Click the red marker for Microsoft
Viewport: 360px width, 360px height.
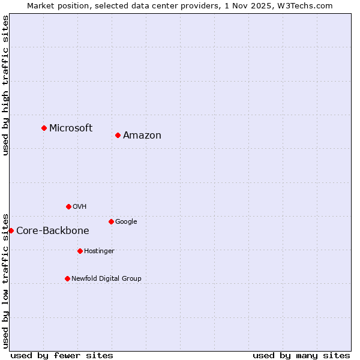click(44, 128)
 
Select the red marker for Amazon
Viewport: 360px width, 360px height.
click(118, 135)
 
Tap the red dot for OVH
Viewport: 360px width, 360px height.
click(68, 206)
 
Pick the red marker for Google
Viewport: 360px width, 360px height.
click(111, 221)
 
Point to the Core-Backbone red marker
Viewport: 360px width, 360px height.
click(11, 230)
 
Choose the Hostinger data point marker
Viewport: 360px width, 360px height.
click(80, 251)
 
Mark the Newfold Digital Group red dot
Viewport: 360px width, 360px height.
click(67, 278)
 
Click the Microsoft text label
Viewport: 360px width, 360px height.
click(71, 128)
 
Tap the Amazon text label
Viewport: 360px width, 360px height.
click(142, 135)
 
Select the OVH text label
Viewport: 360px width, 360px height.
click(80, 206)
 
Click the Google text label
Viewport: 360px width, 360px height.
click(126, 221)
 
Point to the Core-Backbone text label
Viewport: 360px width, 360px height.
click(53, 230)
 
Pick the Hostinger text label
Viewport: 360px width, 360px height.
click(99, 251)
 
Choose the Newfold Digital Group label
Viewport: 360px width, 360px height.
click(106, 278)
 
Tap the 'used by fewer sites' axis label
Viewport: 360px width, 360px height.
click(62, 355)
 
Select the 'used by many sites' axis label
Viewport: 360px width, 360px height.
click(301, 355)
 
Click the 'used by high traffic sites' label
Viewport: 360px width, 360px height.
click(5, 85)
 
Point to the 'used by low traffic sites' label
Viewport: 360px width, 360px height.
click(5, 280)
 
